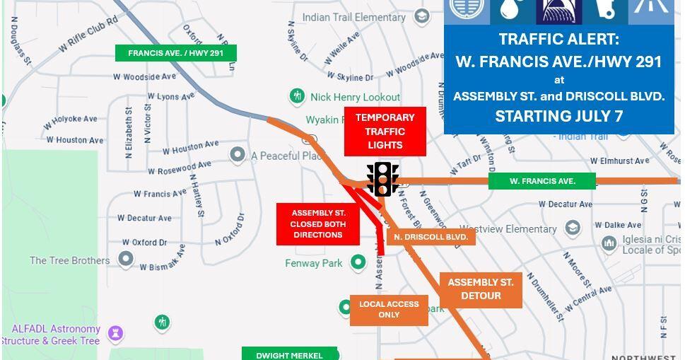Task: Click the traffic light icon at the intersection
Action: point(382,180)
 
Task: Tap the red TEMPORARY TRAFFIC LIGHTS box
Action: point(385,132)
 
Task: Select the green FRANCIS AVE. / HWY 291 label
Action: point(175,53)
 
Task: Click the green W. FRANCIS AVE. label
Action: point(541,181)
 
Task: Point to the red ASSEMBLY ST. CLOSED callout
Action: point(318,223)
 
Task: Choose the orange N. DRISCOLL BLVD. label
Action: point(431,237)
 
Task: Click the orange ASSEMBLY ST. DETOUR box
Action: point(481,289)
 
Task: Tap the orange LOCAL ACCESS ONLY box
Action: point(389,310)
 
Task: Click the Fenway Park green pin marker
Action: point(358,263)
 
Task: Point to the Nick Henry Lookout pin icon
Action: point(298,96)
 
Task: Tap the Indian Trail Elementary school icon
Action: point(422,16)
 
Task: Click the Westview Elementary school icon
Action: point(573,228)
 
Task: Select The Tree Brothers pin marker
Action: point(126,260)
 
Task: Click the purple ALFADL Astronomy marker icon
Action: point(115,333)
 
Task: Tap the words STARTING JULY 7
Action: point(558,116)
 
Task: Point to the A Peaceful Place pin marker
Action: point(238,154)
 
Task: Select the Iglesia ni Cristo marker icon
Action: point(609,243)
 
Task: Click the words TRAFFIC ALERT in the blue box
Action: point(558,39)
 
